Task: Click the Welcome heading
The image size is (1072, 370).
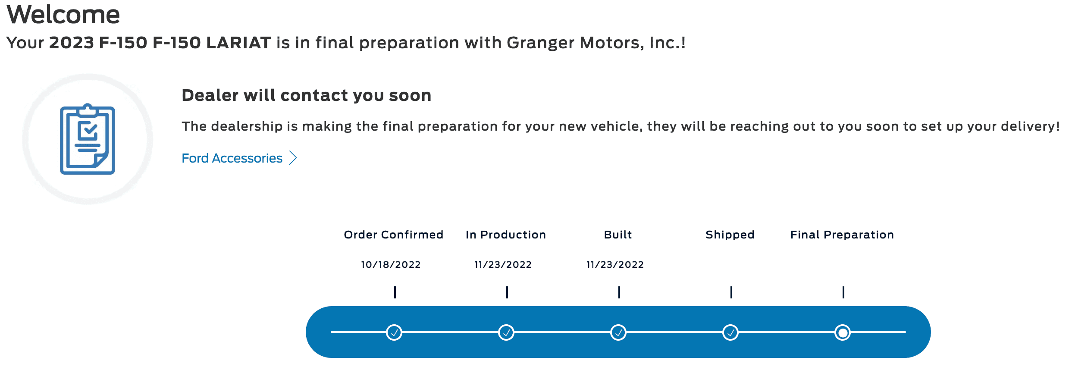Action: (x=63, y=15)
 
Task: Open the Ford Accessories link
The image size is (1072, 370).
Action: (x=232, y=158)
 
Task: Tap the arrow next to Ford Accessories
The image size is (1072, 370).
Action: (x=293, y=158)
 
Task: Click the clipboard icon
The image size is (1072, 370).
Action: (x=88, y=139)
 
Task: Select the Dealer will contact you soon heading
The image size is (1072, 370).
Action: (x=307, y=95)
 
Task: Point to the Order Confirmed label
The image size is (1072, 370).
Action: (x=393, y=235)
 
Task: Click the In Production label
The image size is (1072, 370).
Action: (x=506, y=235)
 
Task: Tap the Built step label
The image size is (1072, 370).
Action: (x=618, y=235)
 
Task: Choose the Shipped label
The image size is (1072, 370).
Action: (x=730, y=235)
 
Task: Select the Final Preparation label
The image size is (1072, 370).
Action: (x=842, y=235)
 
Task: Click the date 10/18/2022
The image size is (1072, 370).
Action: (x=391, y=264)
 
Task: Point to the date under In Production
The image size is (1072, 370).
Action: (x=503, y=264)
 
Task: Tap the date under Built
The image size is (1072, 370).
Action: (x=615, y=264)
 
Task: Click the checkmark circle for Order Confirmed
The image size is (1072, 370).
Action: (x=394, y=332)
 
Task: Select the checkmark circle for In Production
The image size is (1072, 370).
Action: (x=506, y=332)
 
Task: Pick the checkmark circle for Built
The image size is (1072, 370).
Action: (x=618, y=332)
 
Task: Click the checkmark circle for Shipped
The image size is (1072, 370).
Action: (x=730, y=332)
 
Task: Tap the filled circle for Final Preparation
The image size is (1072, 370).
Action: (x=843, y=332)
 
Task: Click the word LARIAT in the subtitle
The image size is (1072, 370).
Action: (x=238, y=43)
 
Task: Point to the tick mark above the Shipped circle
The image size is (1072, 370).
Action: (x=731, y=292)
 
